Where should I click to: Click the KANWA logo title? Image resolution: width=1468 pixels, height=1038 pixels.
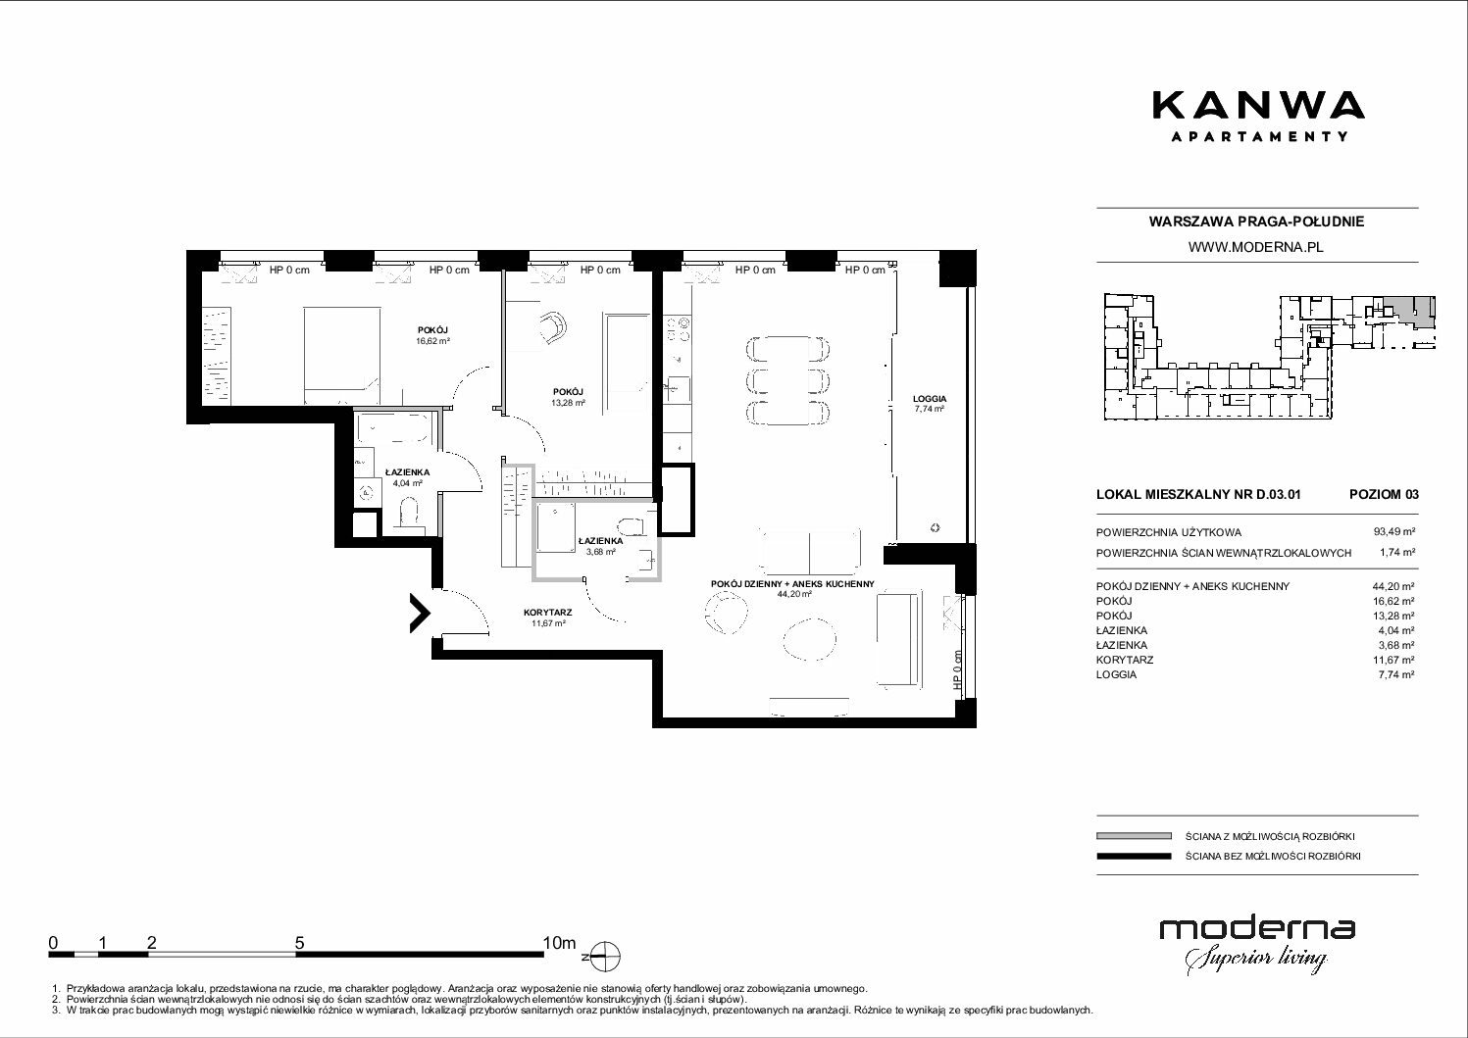click(1258, 107)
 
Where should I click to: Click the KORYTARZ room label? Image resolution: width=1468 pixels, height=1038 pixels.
click(548, 613)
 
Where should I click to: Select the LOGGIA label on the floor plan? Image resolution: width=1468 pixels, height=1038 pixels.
click(930, 398)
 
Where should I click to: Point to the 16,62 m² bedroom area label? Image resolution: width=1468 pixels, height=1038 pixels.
click(433, 341)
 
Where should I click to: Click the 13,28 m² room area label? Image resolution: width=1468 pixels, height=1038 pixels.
click(568, 403)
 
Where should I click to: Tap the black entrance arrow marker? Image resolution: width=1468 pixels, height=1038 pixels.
click(421, 613)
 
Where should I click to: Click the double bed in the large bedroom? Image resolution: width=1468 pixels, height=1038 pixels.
click(341, 356)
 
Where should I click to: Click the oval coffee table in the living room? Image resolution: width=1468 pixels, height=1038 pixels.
click(809, 638)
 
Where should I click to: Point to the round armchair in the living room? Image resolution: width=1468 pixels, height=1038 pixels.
click(726, 613)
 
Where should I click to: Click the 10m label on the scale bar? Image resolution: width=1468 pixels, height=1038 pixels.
click(559, 943)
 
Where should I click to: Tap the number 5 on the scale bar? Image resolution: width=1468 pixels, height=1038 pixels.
click(299, 943)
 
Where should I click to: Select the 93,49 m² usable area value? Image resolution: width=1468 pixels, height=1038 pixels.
click(1393, 532)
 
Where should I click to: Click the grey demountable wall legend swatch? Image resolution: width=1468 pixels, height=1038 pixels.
click(1134, 836)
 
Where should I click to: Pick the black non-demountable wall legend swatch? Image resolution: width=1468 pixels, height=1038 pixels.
click(1134, 856)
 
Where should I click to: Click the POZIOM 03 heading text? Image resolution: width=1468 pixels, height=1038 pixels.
click(1384, 494)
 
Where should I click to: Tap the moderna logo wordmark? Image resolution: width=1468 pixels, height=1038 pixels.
click(1257, 929)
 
